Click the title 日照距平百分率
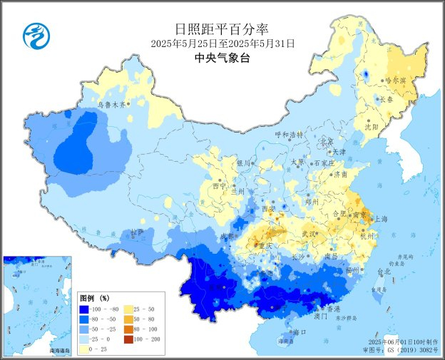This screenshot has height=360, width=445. (x=222, y=29)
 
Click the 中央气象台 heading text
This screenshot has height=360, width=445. (x=222, y=58)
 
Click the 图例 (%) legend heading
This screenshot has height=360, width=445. (x=93, y=298)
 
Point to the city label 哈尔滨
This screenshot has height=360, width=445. (x=395, y=81)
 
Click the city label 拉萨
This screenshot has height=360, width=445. (x=137, y=233)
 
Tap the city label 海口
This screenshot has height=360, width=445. (x=300, y=332)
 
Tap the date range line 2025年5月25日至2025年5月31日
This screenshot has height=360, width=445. (x=222, y=44)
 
